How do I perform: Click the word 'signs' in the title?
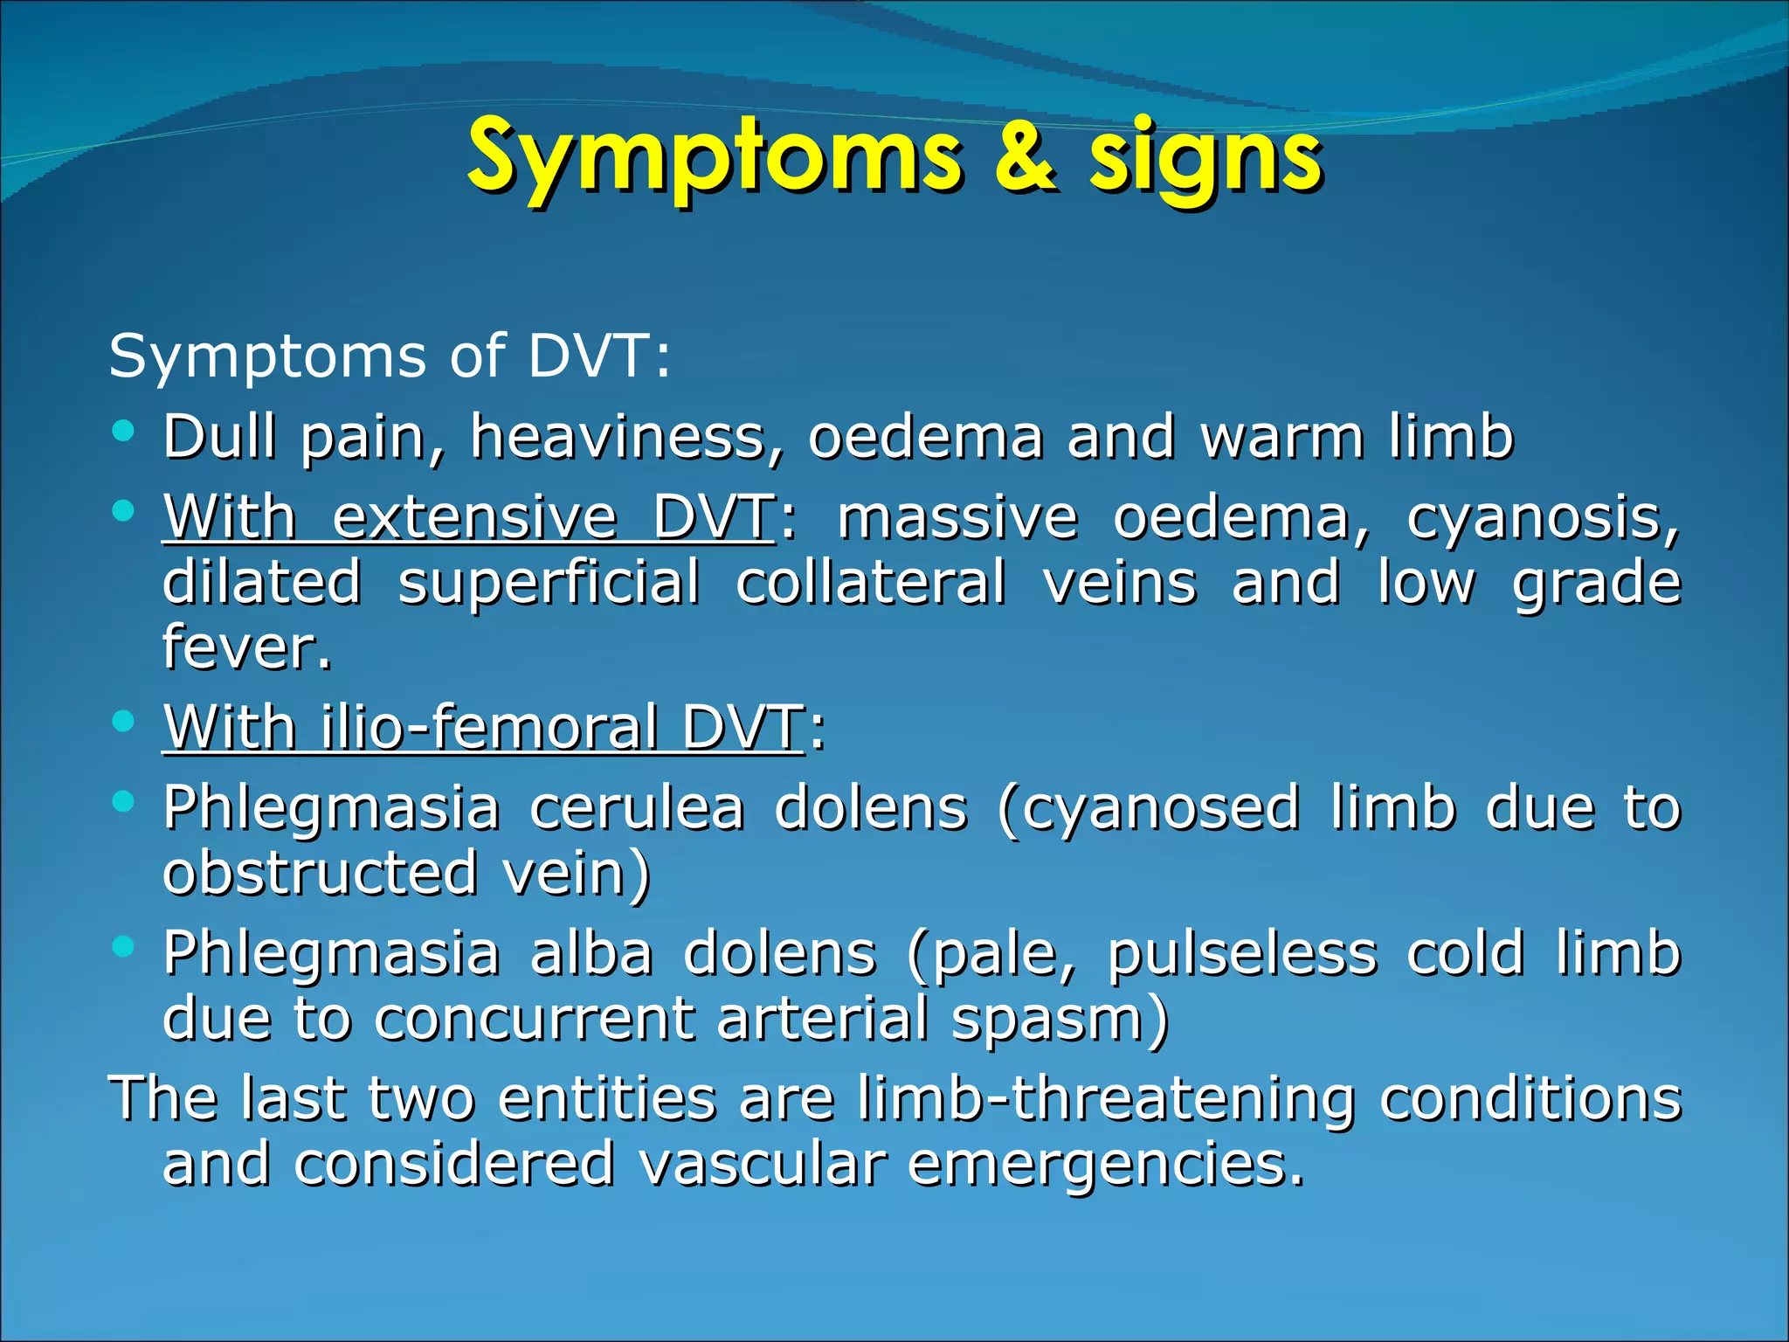coord(1205,162)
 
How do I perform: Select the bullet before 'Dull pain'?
coord(123,430)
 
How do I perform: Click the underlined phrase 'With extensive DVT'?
coord(468,517)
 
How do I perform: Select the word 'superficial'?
coord(549,583)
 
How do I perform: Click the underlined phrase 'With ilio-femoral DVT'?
coord(483,727)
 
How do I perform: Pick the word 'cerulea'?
coord(637,807)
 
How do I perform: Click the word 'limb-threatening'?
coord(1105,1098)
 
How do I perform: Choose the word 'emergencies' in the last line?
coord(1105,1166)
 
